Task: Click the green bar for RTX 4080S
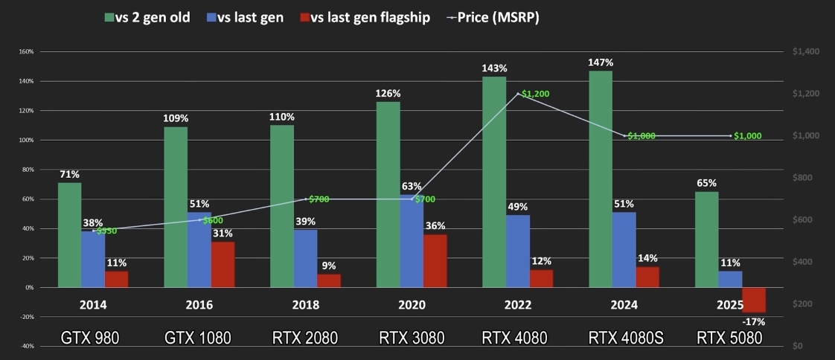click(601, 179)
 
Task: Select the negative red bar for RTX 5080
click(754, 300)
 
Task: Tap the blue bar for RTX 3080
click(412, 241)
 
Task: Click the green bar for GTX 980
click(70, 234)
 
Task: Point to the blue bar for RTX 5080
click(730, 279)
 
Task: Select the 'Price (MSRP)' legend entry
click(493, 17)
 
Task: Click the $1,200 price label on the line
click(537, 94)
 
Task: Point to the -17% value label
click(753, 321)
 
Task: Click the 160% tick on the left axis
click(25, 52)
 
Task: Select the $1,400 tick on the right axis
click(805, 52)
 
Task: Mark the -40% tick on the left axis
click(25, 346)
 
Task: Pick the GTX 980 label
click(90, 338)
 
